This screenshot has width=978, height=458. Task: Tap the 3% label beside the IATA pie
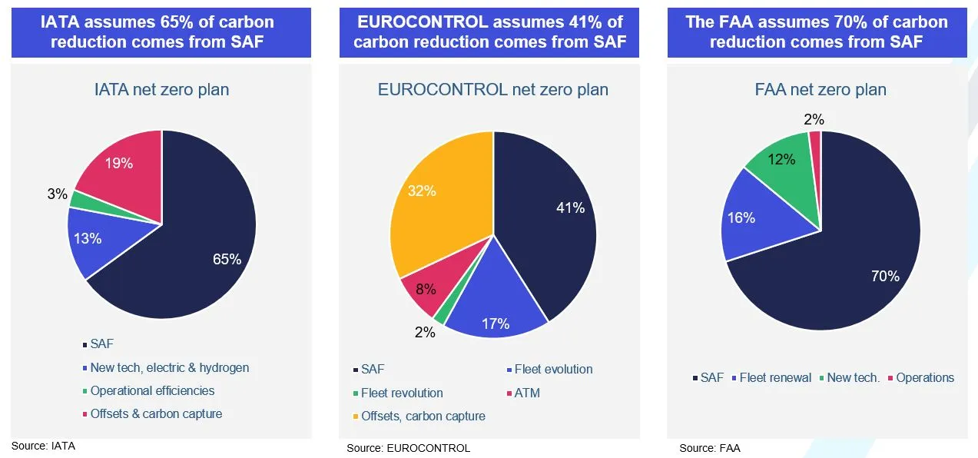(57, 194)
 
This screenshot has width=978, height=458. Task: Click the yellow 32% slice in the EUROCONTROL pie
(434, 207)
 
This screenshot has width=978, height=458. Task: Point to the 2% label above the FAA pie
(814, 119)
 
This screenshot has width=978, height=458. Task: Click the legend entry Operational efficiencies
(152, 390)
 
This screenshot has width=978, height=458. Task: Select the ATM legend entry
(527, 393)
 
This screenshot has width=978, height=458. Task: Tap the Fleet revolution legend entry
(402, 393)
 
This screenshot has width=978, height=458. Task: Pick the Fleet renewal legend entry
(775, 377)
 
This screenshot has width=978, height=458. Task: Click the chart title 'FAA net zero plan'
(821, 90)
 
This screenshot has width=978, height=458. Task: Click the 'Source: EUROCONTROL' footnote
(408, 447)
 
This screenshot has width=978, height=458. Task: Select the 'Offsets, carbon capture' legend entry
(423, 416)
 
